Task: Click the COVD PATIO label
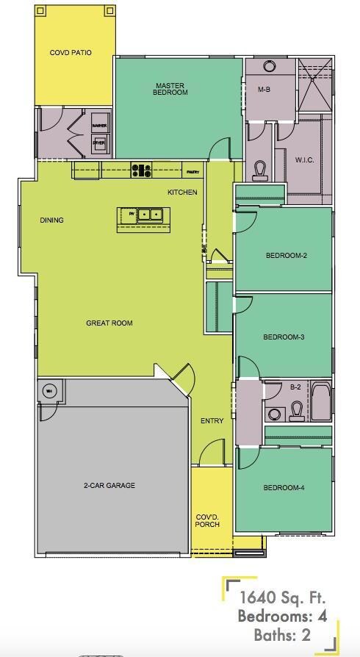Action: coord(71,53)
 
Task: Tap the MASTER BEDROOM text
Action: coord(170,89)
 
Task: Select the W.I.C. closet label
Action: coord(305,160)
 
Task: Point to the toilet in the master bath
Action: coord(259,170)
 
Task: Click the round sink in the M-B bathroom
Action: coord(269,65)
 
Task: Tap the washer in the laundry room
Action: coord(99,126)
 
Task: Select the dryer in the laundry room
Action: coord(99,143)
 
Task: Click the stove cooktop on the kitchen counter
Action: coord(141,170)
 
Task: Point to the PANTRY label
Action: coord(192,172)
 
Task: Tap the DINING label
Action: coord(51,220)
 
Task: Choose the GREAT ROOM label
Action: coord(109,323)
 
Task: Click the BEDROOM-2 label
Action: coord(286,256)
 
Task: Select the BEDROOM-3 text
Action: coord(284,337)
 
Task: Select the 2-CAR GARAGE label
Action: coord(110,485)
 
